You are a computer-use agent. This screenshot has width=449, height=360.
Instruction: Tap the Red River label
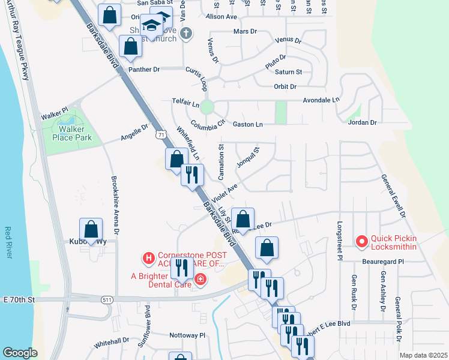(x=8, y=242)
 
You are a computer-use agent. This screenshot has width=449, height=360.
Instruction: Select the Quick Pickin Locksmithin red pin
(x=362, y=242)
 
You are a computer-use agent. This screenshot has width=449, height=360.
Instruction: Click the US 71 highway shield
(x=160, y=135)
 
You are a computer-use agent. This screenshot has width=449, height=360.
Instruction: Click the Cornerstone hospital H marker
(x=148, y=259)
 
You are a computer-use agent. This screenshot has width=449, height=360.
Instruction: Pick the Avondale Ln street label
(x=321, y=100)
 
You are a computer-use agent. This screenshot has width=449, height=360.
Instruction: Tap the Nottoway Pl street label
(x=187, y=335)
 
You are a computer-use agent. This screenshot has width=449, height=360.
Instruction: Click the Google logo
(x=20, y=352)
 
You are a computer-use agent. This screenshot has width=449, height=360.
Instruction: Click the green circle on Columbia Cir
(x=207, y=107)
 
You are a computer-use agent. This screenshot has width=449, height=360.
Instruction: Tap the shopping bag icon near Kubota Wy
(x=91, y=229)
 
